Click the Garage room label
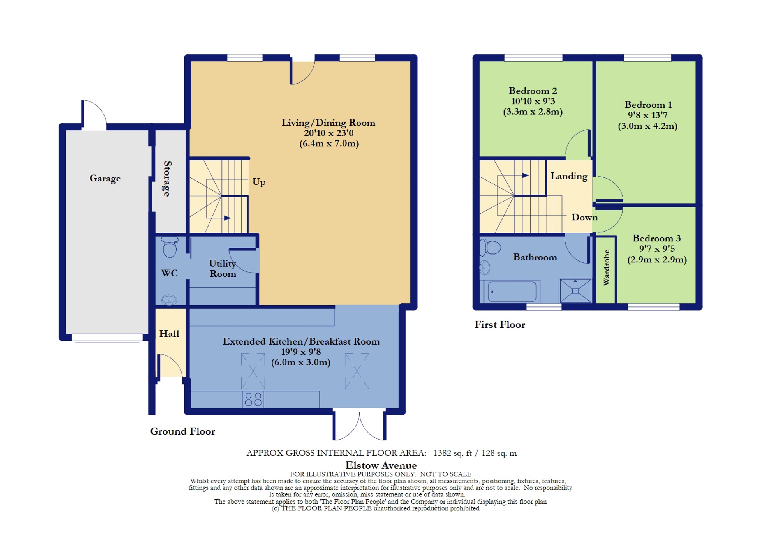pos(105,178)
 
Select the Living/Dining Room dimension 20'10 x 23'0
pos(329,133)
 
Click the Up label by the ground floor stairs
pos(259,182)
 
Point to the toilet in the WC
pos(170,247)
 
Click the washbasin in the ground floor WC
pos(169,300)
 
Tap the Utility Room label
pos(222,268)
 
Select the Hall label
pos(169,334)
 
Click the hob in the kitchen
pos(253,399)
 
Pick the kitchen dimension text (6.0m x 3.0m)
pos(301,362)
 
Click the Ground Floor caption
pos(183,431)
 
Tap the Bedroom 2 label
pos(533,91)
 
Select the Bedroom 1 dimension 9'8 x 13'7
pos(648,115)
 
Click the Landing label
pos(569,176)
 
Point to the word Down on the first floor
pos(584,217)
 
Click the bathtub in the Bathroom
pos(512,291)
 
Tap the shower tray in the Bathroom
pos(575,290)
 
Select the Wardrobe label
pos(606,268)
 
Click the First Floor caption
pos(500,325)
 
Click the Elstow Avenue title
pos(381,466)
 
